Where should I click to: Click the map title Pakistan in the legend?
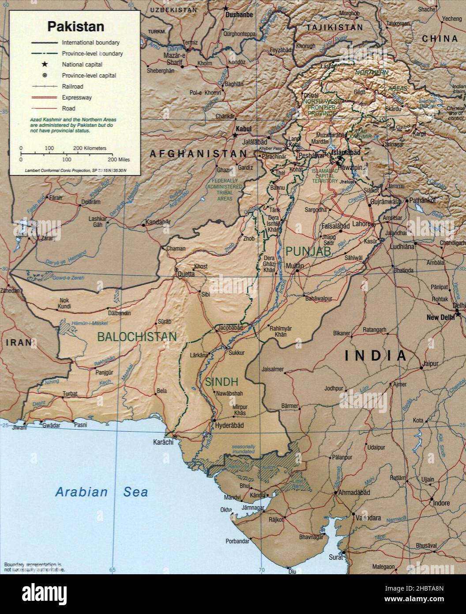click(76, 27)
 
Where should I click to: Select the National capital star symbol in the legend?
click(45, 64)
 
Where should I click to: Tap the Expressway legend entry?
click(77, 98)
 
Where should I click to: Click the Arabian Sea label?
click(101, 492)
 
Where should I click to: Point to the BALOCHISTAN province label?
click(137, 337)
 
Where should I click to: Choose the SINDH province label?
click(222, 382)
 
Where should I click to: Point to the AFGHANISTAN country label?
click(198, 154)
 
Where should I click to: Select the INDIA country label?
click(375, 356)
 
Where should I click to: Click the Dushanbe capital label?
click(239, 15)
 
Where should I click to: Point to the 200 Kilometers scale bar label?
click(90, 148)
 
